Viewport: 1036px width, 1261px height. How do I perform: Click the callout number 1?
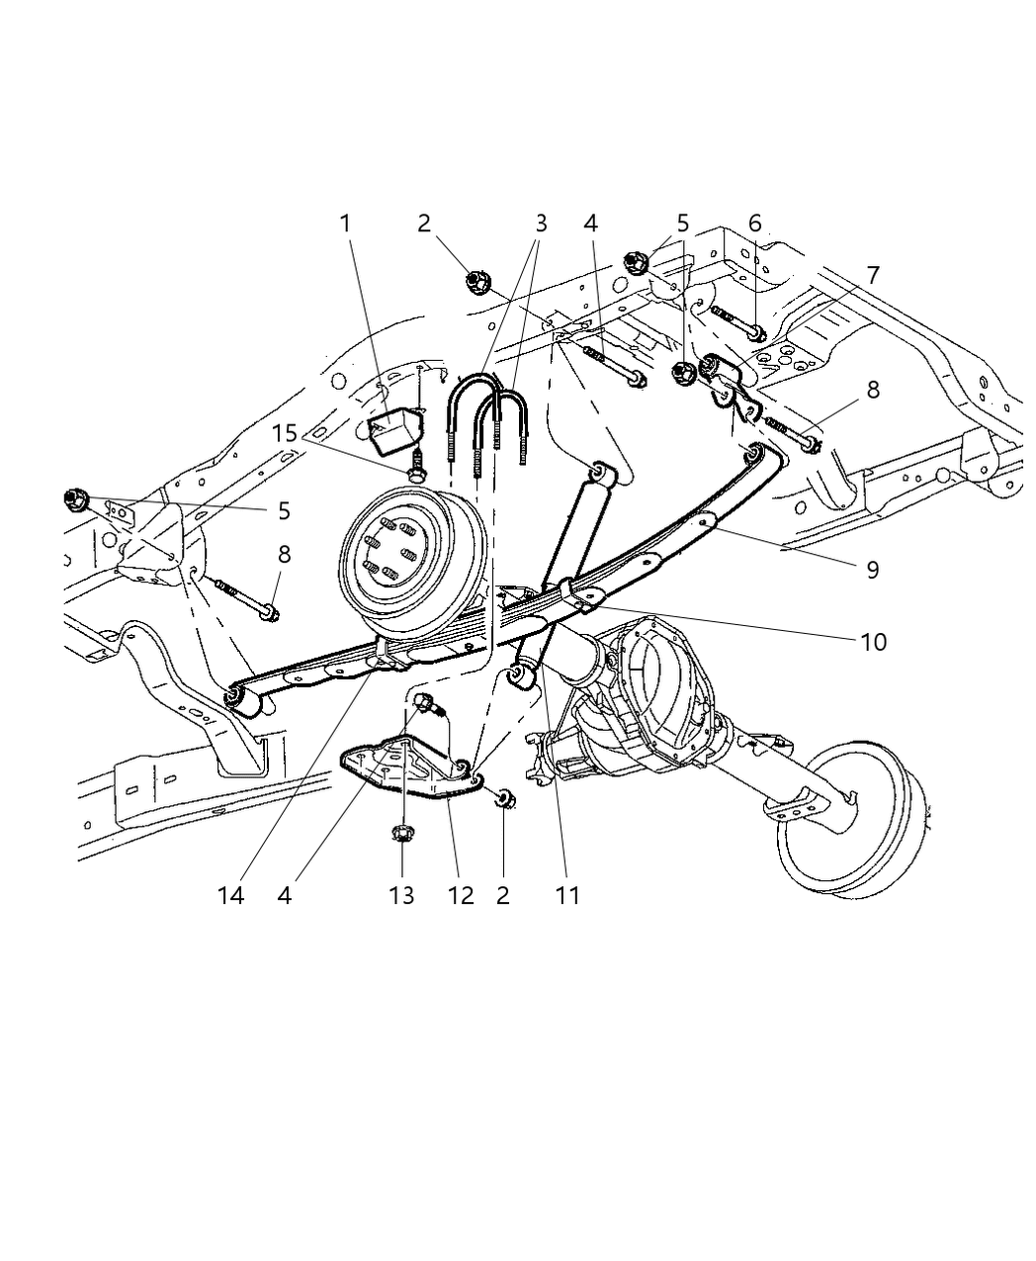tap(345, 224)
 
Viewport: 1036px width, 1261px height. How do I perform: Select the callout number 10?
tap(873, 642)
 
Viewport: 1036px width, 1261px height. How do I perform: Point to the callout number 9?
tap(871, 570)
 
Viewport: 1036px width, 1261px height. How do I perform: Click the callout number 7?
tap(872, 274)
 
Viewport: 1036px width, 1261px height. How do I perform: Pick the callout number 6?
tap(754, 224)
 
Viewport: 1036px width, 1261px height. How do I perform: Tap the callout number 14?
tap(230, 895)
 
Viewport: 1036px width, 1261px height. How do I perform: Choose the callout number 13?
tap(401, 895)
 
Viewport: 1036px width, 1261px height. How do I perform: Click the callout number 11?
tap(567, 895)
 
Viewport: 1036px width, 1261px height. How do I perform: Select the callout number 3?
tap(540, 224)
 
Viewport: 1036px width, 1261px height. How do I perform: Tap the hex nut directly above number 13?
tap(401, 834)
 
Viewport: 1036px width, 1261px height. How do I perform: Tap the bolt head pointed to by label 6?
tap(756, 333)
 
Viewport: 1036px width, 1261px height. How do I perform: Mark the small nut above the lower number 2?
tap(503, 798)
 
